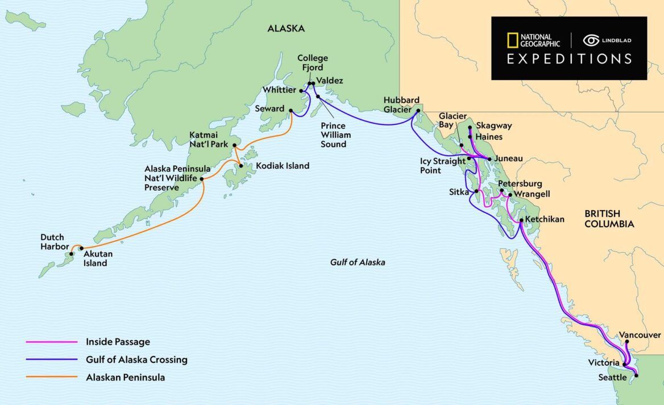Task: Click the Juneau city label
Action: [509, 158]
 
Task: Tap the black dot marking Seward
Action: [290, 111]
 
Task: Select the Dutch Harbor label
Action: [52, 242]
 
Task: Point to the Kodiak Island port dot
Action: [242, 166]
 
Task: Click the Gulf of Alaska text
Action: [358, 262]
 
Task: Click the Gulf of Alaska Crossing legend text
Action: [136, 360]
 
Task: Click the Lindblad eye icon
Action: [591, 40]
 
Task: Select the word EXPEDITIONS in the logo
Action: [569, 59]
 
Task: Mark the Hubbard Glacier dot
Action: [418, 111]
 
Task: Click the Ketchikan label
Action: [545, 219]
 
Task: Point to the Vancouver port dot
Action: [626, 343]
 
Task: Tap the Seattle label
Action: [612, 377]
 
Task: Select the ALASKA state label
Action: [286, 28]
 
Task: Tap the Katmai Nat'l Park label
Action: [209, 140]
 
